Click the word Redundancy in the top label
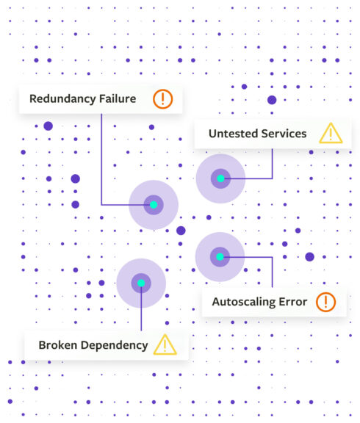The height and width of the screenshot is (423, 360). tap(62, 99)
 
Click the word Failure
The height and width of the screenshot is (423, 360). tap(118, 98)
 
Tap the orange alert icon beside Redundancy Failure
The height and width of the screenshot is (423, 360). tap(162, 99)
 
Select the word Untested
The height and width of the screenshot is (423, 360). tap(233, 134)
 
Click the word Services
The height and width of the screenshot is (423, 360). tap(284, 134)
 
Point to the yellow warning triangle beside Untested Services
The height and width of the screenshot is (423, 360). tap(331, 134)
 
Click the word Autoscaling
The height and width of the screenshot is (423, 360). tap(244, 302)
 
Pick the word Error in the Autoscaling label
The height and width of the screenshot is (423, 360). tap(293, 302)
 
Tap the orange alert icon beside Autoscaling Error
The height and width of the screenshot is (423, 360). tap(325, 302)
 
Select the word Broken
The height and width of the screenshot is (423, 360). tap(58, 345)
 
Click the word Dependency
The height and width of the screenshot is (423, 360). tap(115, 346)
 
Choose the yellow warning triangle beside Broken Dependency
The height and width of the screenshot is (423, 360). tap(165, 344)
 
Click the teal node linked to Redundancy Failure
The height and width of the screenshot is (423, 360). tap(154, 205)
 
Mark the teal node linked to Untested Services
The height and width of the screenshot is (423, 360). tap(220, 178)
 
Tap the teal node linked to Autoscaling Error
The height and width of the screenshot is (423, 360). tap(220, 257)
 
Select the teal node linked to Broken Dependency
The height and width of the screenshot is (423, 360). tap(141, 283)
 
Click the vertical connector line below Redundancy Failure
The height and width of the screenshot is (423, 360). tap(101, 159)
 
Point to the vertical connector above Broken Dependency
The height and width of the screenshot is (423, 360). tap(141, 308)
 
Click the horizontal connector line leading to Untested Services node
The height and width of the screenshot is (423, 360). tap(248, 178)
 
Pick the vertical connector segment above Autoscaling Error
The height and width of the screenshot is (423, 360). tap(272, 272)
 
